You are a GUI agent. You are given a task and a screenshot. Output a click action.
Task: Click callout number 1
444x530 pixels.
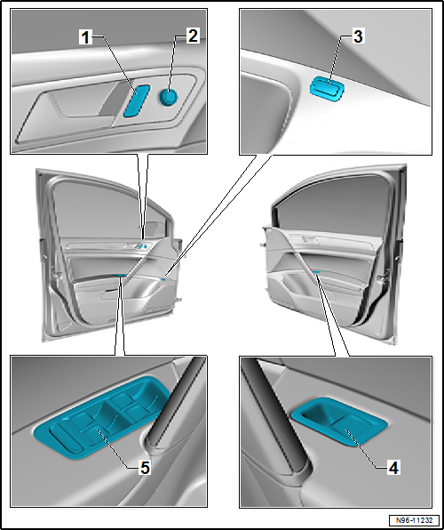tap(85, 37)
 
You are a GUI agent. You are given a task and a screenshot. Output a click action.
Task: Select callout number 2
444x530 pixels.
tap(193, 36)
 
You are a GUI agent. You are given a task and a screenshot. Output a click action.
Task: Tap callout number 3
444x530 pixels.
tap(358, 36)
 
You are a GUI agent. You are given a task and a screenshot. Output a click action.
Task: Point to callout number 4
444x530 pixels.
tap(393, 468)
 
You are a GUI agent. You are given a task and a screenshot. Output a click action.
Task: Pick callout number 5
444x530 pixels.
tap(145, 468)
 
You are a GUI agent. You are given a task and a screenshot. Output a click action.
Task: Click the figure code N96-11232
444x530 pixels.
tap(415, 520)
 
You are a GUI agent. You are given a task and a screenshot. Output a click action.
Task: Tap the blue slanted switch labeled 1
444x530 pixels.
tap(137, 100)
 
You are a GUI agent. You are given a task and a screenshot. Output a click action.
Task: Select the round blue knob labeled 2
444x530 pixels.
tap(168, 97)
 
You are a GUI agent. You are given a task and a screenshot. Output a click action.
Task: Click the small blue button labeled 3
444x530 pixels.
tap(328, 89)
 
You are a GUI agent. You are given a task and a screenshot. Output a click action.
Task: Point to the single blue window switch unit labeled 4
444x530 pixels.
tap(339, 422)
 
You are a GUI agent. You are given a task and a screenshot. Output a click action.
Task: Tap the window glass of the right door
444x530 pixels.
tap(333, 206)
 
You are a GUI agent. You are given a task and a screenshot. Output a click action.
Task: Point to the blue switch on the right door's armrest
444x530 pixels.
tap(317, 271)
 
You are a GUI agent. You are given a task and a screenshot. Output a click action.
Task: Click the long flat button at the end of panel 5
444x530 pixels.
tap(66, 439)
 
